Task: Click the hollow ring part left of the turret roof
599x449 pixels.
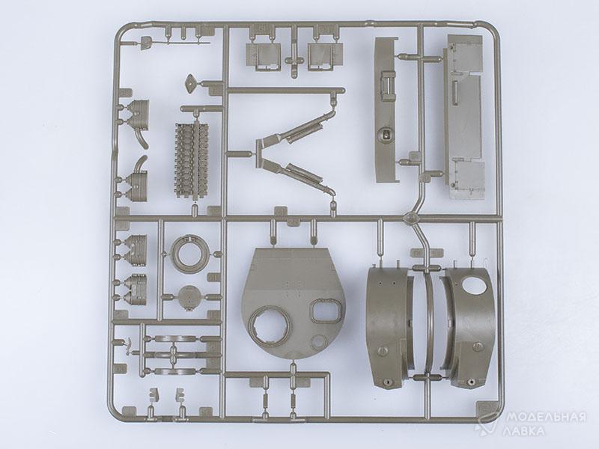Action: [x=190, y=253]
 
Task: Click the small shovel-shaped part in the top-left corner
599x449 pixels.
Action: [x=146, y=42]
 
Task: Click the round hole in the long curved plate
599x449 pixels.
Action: [x=385, y=135]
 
